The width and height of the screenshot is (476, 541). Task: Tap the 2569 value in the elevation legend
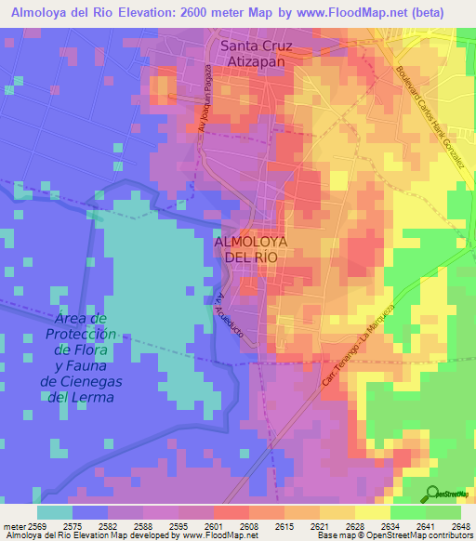pos(36,527)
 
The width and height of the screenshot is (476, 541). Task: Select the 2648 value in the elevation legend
pos(460,527)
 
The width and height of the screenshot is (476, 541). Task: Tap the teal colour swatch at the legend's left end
pos(54,512)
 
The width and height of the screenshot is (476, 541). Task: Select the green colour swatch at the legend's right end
pos(443,512)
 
